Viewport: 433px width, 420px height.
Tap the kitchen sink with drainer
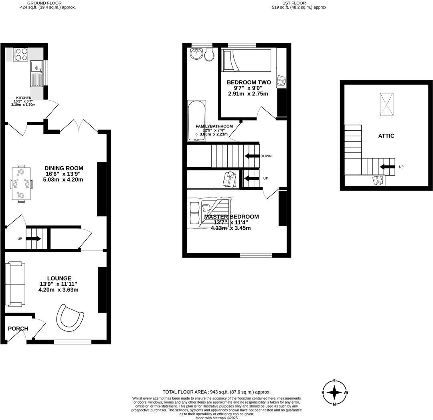click(36, 75)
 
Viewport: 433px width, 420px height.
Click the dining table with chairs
click(21, 184)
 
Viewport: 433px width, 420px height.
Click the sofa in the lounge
click(15, 284)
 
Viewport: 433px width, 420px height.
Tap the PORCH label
click(18, 329)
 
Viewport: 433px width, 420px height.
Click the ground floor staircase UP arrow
click(34, 239)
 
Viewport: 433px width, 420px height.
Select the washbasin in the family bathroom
click(196, 54)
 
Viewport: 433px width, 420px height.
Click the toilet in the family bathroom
click(210, 55)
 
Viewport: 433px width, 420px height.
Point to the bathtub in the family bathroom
click(196, 120)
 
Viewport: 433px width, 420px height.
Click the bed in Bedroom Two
click(247, 60)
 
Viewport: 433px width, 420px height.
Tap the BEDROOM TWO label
click(249, 82)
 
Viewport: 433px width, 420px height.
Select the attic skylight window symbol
click(386, 104)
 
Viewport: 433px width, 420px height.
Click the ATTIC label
click(386, 136)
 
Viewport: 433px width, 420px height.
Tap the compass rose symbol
click(334, 392)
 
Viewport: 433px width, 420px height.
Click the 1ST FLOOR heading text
click(294, 3)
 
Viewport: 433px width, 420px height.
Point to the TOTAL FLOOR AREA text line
click(216, 392)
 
